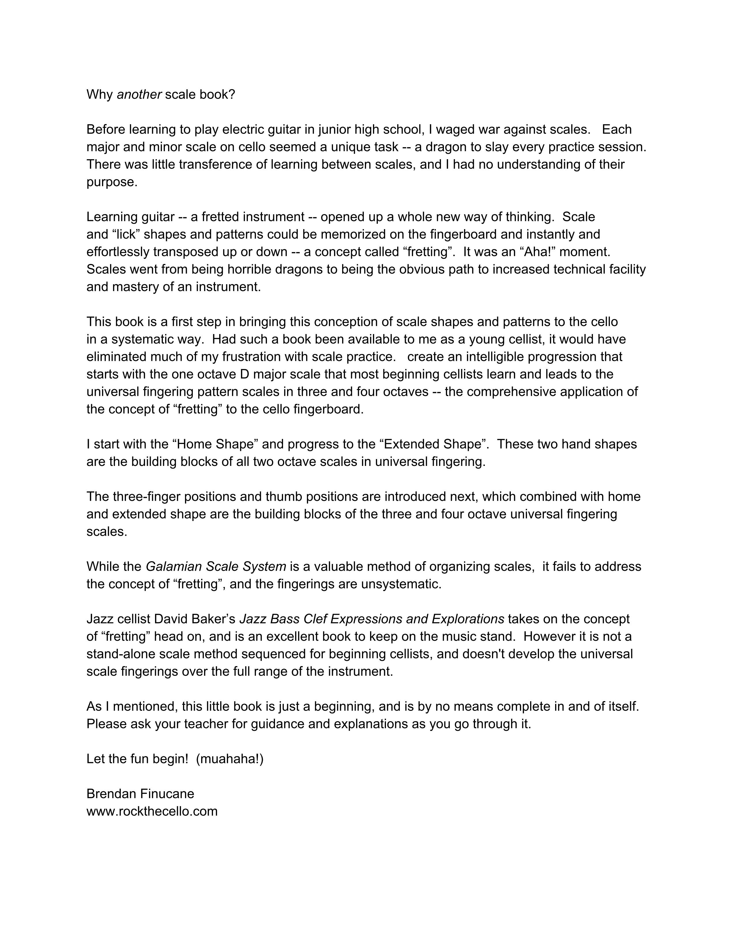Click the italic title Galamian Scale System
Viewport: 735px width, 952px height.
[x=216, y=567]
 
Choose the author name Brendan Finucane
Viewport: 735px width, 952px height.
[x=140, y=794]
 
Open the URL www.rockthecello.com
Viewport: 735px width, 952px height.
[x=152, y=811]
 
